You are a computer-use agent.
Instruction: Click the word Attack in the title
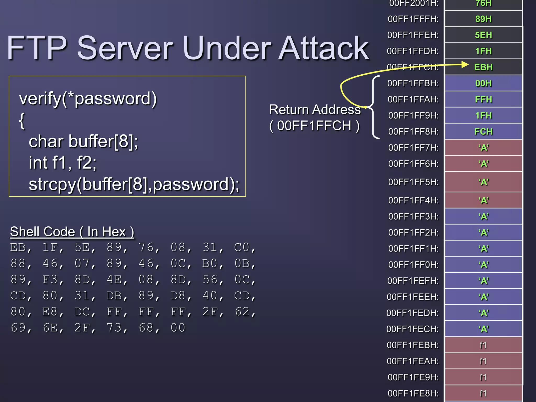click(x=323, y=48)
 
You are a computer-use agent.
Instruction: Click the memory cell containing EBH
click(x=483, y=67)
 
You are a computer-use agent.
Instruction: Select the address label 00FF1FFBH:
click(x=413, y=83)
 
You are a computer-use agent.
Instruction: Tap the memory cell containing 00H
click(x=483, y=83)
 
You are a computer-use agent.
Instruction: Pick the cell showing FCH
click(x=483, y=131)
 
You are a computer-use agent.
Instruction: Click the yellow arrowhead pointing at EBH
click(x=465, y=64)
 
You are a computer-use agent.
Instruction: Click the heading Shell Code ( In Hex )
click(x=72, y=232)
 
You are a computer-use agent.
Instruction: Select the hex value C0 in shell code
click(x=241, y=247)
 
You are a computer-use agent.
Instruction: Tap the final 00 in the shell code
click(x=178, y=328)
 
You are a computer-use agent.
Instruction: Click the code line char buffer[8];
click(x=83, y=141)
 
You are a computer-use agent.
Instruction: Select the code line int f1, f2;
click(x=63, y=163)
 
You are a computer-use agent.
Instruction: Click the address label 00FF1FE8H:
click(x=413, y=393)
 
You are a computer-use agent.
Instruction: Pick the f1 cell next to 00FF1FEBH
click(x=483, y=345)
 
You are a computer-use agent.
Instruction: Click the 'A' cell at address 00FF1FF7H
click(x=483, y=148)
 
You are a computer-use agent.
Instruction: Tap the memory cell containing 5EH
click(x=483, y=35)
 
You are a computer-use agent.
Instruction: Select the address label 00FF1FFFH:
click(x=413, y=19)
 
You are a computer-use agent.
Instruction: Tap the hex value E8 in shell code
click(x=49, y=312)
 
